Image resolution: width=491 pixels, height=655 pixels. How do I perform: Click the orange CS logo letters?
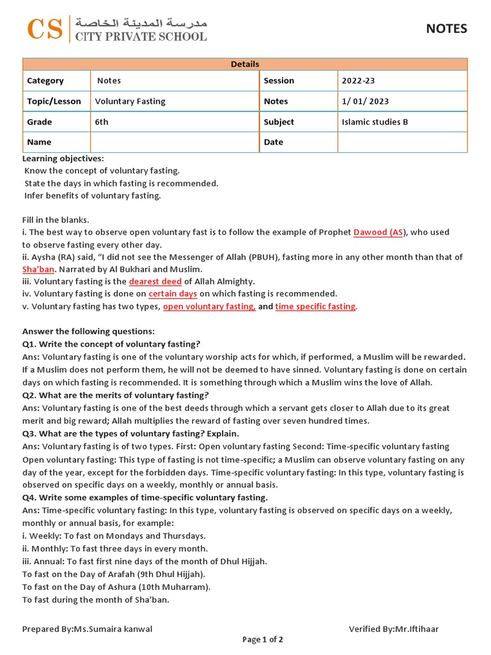(x=45, y=29)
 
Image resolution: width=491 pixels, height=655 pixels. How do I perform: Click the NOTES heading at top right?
(x=446, y=29)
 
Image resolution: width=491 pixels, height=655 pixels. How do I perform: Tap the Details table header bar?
(x=245, y=64)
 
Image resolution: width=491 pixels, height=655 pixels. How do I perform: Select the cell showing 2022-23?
(x=402, y=81)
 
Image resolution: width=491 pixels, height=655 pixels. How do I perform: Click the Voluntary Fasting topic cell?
(x=175, y=101)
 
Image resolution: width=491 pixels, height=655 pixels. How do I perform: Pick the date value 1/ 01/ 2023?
(x=402, y=101)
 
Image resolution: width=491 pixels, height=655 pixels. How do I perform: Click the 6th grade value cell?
(x=175, y=122)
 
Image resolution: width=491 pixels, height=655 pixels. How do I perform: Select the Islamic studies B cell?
(x=402, y=122)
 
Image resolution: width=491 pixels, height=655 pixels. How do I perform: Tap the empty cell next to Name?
(x=175, y=142)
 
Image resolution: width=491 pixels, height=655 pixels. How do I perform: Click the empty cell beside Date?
(x=402, y=142)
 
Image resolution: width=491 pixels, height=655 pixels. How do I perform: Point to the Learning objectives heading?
(x=63, y=158)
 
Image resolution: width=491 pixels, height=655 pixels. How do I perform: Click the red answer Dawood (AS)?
(x=378, y=232)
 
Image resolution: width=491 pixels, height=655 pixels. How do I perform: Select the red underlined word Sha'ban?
(x=38, y=269)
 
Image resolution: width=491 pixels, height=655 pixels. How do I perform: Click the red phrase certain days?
(x=173, y=294)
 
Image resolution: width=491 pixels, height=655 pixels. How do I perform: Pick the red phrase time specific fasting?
(x=316, y=306)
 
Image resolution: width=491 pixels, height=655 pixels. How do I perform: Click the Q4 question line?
(x=145, y=498)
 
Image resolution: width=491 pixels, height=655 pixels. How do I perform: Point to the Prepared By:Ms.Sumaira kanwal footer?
(x=87, y=629)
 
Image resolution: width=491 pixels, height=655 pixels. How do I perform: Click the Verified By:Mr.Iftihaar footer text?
(x=394, y=629)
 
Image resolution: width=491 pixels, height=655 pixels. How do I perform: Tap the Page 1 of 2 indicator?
(x=263, y=639)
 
